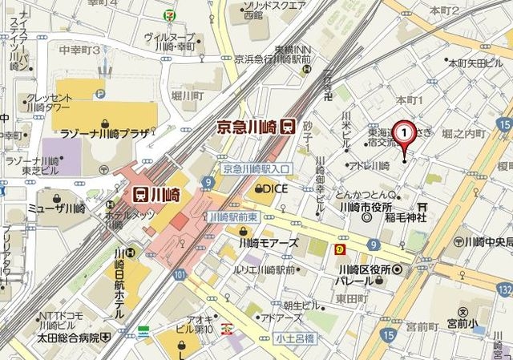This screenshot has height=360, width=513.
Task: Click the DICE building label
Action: [270, 189]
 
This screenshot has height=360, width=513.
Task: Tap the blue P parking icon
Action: [101, 93]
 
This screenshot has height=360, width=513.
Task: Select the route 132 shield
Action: [503, 287]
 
